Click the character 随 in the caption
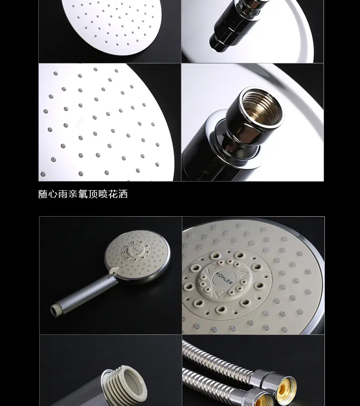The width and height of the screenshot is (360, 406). point(43,194)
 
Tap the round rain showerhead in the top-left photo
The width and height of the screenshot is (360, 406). point(112,23)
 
